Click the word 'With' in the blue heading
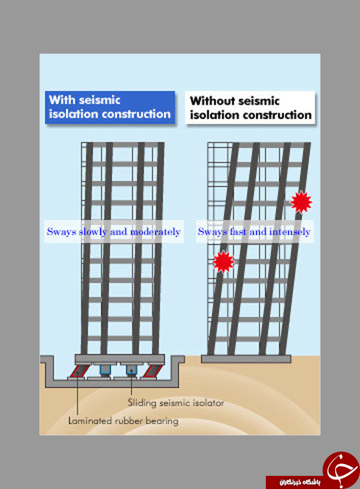62,100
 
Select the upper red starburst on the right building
301,202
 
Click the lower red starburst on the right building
224,262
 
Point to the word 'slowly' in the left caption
93,231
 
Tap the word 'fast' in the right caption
238,231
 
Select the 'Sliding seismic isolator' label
176,402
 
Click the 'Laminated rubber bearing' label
123,420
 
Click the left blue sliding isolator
105,370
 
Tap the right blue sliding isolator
132,370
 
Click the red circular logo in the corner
341,469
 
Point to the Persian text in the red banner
300,482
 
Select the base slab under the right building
246,359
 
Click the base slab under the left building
120,359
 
